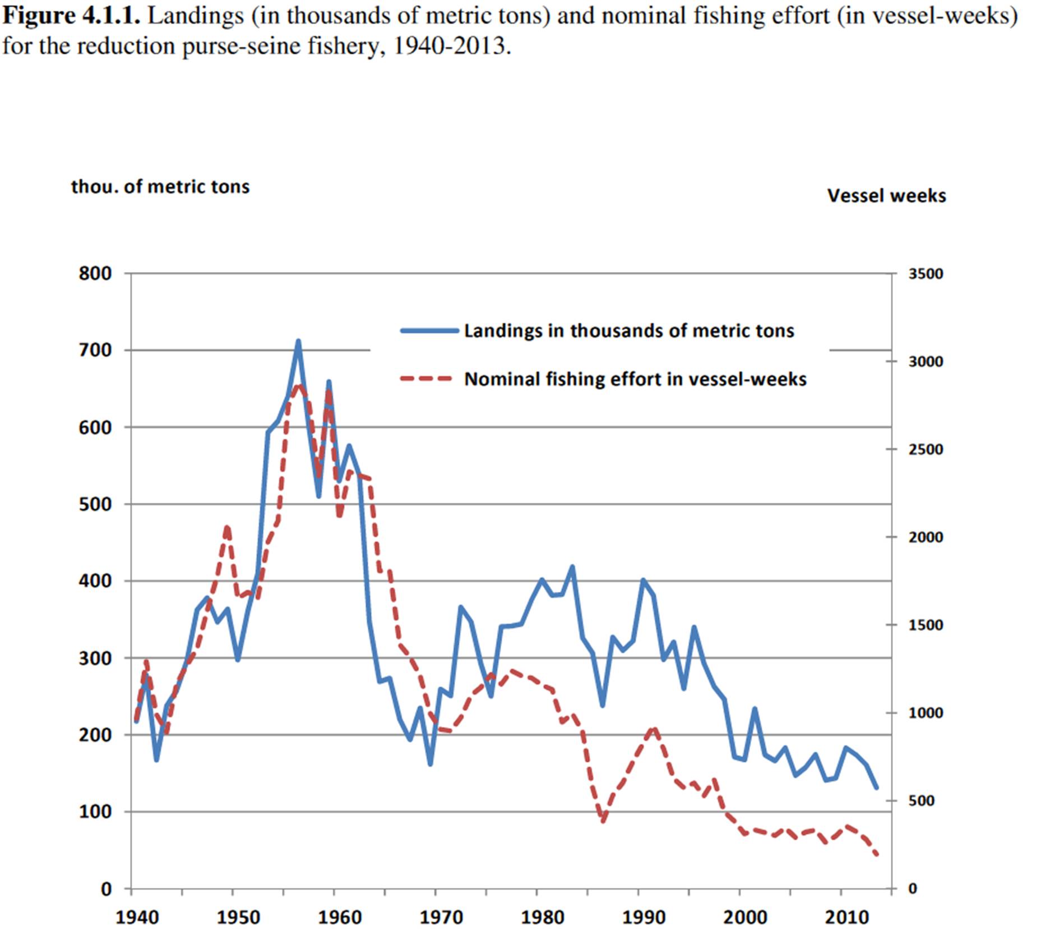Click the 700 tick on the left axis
pos(96,351)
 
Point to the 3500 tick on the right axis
pos(926,274)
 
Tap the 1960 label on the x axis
pos(339,917)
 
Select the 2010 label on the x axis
pos(846,917)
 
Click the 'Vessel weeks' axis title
pos(886,196)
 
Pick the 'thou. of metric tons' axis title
pos(160,186)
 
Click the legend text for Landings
pos(629,330)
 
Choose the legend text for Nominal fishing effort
pos(635,379)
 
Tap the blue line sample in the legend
pos(429,331)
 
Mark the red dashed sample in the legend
pos(426,379)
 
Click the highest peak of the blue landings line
pos(298,341)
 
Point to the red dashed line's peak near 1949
pos(227,527)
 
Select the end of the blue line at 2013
pos(876,788)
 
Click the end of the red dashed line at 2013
pos(876,855)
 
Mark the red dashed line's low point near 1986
pos(603,821)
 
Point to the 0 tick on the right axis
pos(913,888)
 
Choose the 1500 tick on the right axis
pos(926,625)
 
